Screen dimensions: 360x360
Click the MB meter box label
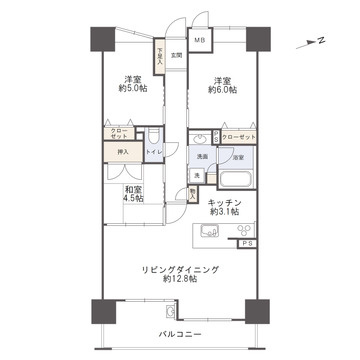point(199,40)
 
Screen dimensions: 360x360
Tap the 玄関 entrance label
point(175,56)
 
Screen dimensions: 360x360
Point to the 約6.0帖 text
point(221,89)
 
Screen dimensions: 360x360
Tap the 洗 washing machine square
point(196,177)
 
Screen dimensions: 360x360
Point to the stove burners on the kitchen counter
point(239,231)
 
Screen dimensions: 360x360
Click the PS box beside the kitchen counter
point(245,243)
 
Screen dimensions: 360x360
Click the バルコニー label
point(178,333)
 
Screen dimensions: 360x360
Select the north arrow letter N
point(321,42)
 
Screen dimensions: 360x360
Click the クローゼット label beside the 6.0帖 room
point(238,137)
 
